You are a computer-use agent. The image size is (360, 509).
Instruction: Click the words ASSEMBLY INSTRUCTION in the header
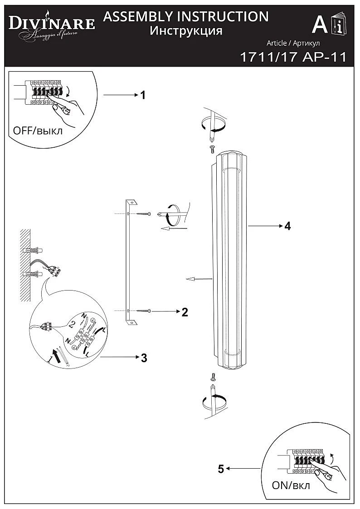[186, 17]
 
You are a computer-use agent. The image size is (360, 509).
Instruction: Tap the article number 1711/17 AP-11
[292, 57]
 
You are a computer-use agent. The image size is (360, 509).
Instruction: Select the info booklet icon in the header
[338, 25]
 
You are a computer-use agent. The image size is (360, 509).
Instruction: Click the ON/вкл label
[291, 485]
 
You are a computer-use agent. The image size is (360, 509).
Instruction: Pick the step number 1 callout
[143, 95]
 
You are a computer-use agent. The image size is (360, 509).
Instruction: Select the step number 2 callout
[185, 312]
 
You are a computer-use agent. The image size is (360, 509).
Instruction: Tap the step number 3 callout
[144, 358]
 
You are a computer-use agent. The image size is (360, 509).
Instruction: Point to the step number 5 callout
[221, 469]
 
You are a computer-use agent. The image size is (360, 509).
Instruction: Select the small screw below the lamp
[212, 376]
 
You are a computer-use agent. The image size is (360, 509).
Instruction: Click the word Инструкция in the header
[186, 31]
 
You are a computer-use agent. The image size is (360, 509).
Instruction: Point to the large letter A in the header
[320, 25]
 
